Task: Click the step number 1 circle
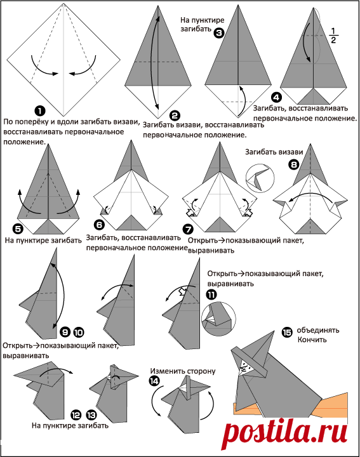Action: point(39,110)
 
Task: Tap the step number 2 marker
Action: point(175,116)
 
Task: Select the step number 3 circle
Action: point(219,32)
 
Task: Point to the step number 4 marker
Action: point(276,97)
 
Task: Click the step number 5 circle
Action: point(18,228)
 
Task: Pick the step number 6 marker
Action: point(100,225)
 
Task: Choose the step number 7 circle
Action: point(188,229)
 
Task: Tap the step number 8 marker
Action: point(293,164)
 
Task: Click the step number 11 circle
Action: point(211,295)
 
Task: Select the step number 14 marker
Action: point(154,381)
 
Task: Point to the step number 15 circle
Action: point(287,332)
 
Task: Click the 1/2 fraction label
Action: point(333,36)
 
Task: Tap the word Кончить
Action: point(312,340)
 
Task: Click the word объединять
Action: point(318,330)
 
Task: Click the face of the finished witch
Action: point(244,366)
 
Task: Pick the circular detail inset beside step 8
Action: point(260,178)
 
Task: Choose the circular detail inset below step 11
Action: point(218,319)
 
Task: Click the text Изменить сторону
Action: point(183,371)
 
